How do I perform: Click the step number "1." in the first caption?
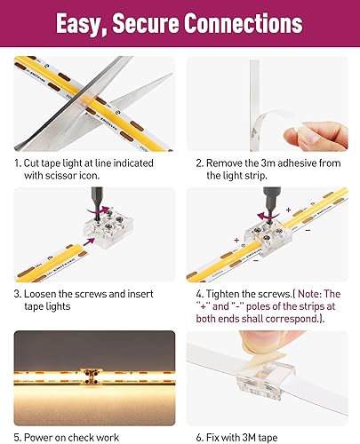(x=19, y=163)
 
